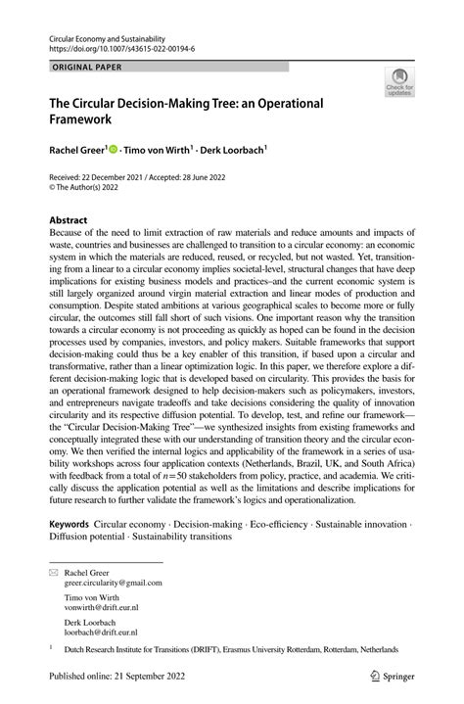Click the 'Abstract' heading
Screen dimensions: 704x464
tap(69, 221)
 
